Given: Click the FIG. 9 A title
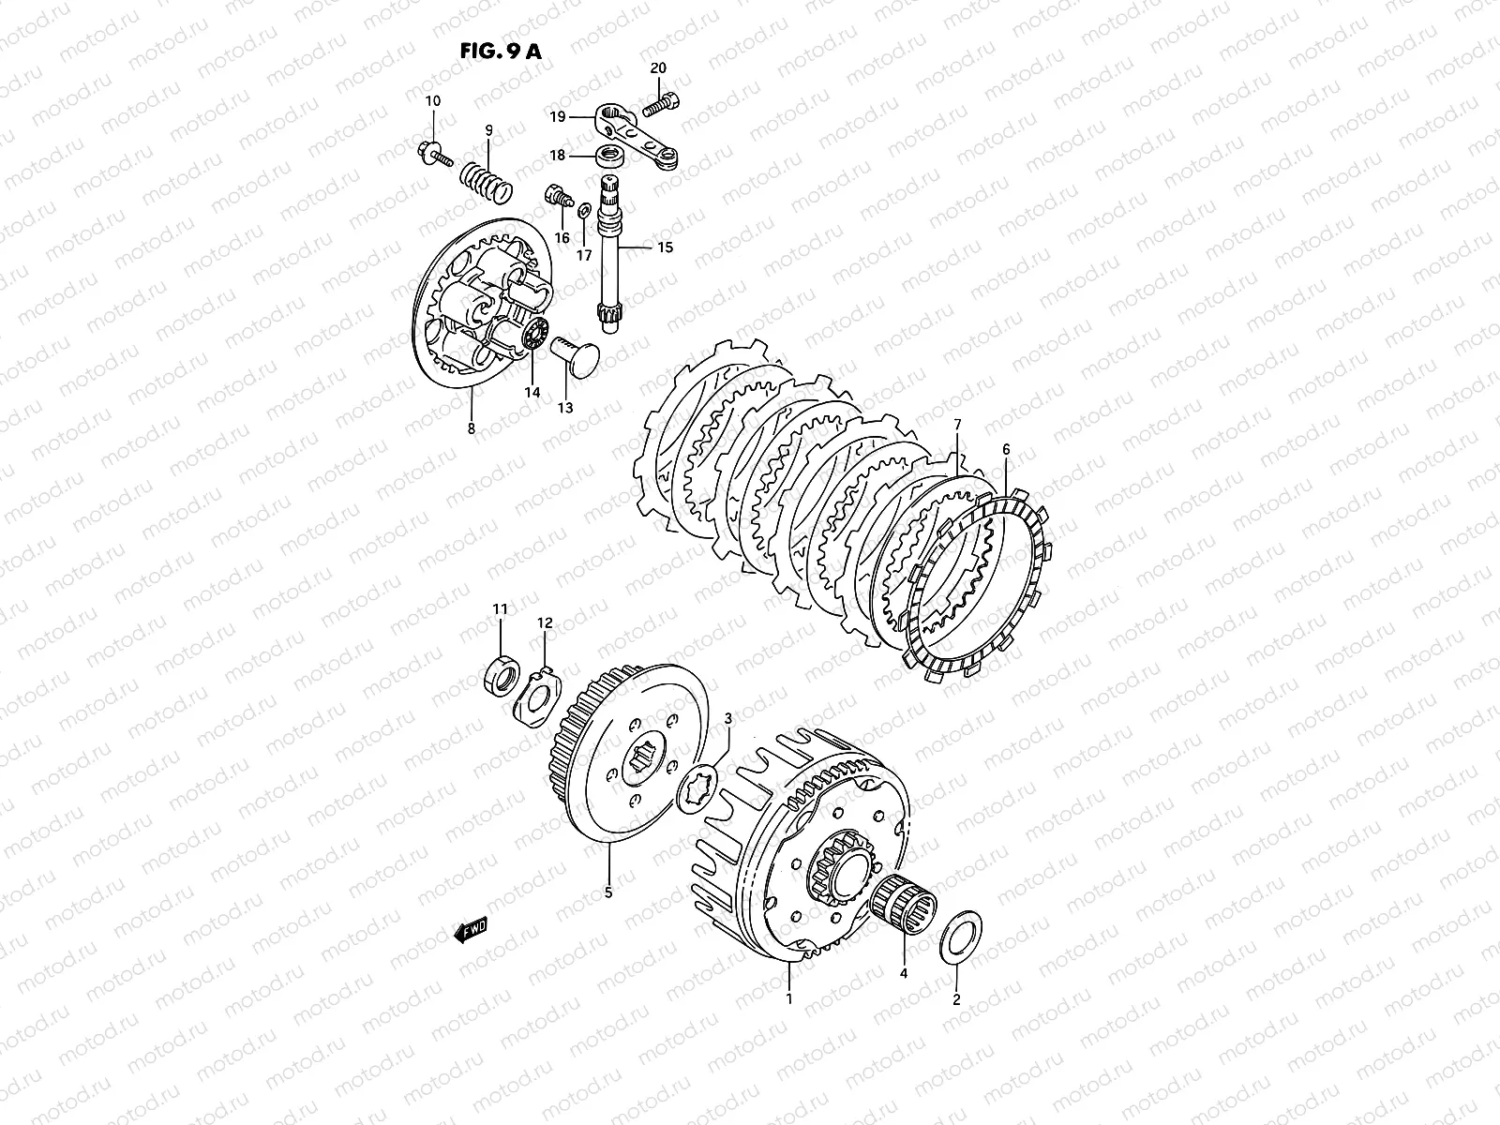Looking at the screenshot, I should coord(500,52).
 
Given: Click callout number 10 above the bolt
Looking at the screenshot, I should coord(432,101).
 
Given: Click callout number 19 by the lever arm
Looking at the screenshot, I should coord(557,118).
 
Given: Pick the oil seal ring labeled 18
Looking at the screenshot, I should coord(613,153).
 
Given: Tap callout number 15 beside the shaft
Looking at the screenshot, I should coord(665,248).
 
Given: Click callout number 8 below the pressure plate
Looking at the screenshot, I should coord(471,428).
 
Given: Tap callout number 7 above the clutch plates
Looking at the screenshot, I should coord(957,425).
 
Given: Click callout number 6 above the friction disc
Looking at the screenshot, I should coord(1006,450).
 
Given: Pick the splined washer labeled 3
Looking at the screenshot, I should coord(701,779).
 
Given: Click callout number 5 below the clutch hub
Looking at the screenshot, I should coord(608,893).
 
